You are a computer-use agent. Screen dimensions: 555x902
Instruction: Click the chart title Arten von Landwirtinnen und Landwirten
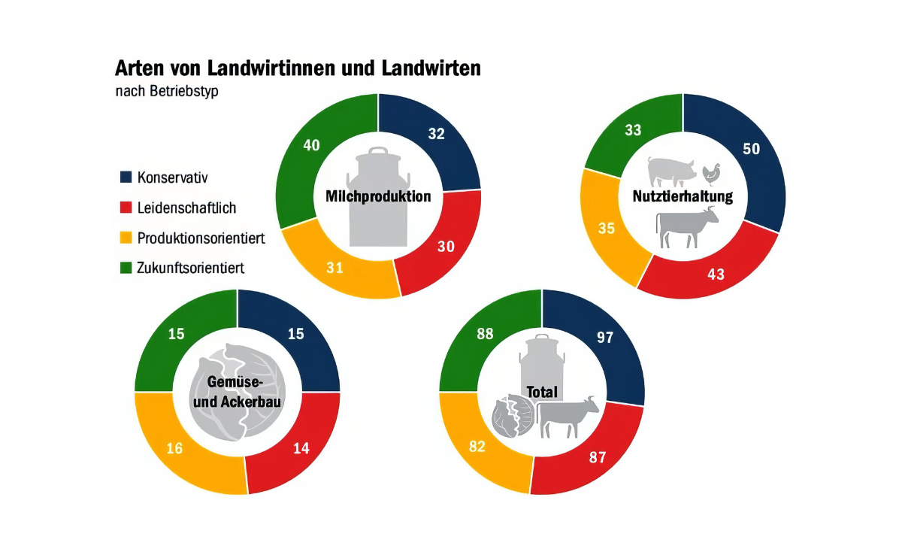pyautogui.click(x=297, y=68)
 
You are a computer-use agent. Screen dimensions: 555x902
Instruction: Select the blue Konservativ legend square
pyautogui.click(x=126, y=177)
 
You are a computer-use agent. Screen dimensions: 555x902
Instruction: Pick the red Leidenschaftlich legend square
pyautogui.click(x=126, y=208)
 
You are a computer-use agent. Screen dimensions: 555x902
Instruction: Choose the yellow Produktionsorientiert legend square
pyautogui.click(x=126, y=238)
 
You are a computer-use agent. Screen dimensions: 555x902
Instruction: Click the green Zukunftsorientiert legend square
pyautogui.click(x=126, y=267)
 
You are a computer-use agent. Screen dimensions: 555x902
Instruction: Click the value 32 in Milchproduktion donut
pyautogui.click(x=436, y=134)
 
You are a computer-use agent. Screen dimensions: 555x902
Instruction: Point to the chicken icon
pyautogui.click(x=711, y=174)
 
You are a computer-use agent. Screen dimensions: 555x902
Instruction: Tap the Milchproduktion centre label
pyautogui.click(x=378, y=196)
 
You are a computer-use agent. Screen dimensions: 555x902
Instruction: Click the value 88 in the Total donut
pyautogui.click(x=485, y=334)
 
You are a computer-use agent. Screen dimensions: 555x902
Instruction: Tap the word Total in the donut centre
pyautogui.click(x=542, y=392)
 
